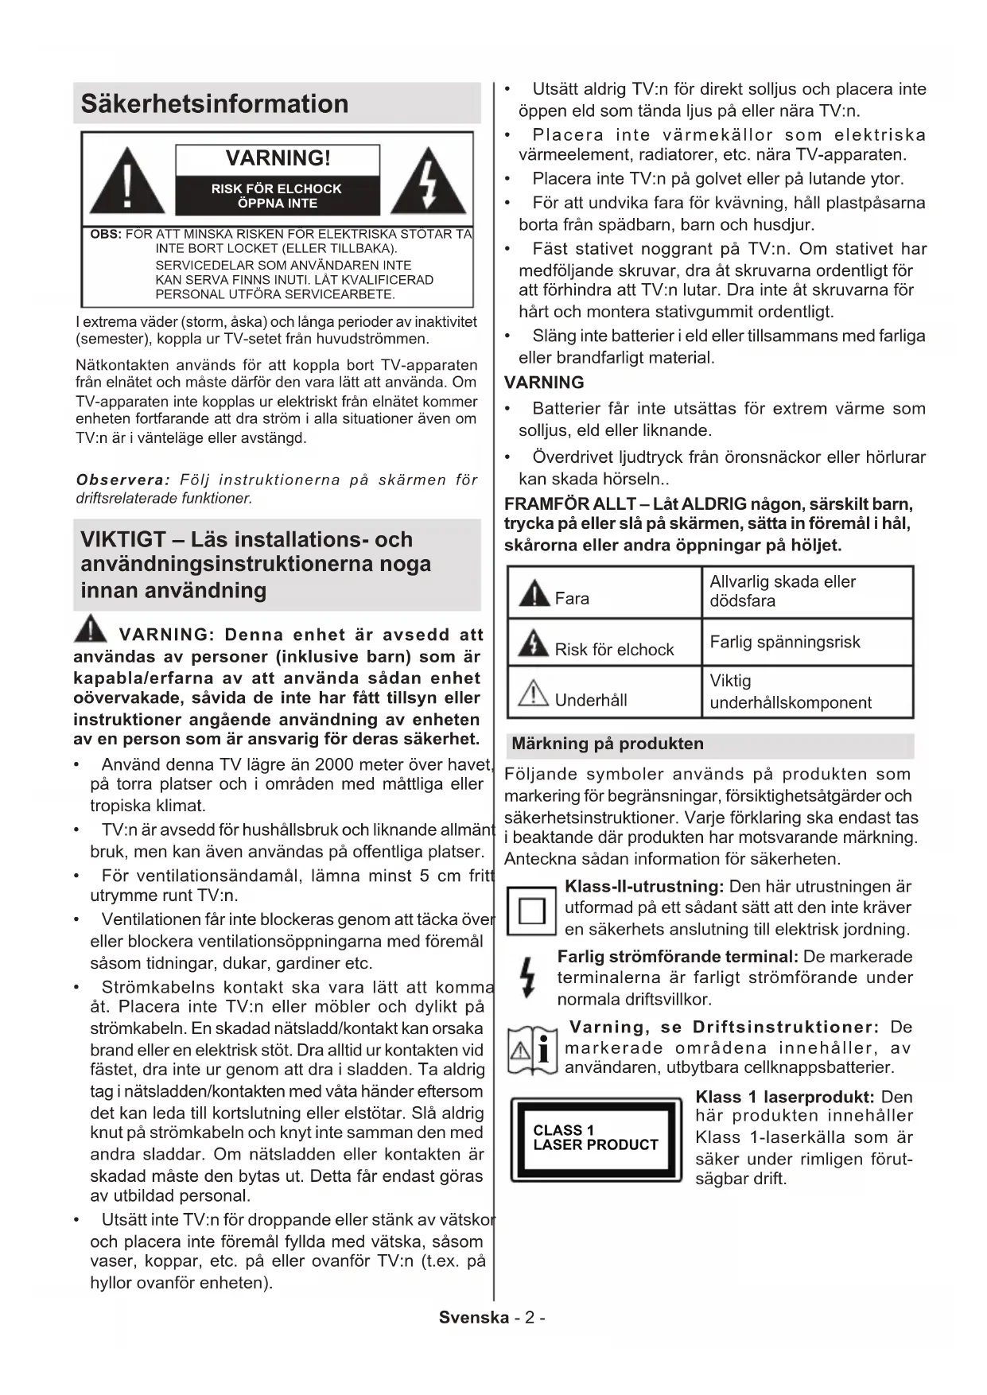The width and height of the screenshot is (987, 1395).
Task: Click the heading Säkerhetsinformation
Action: pyautogui.click(x=215, y=104)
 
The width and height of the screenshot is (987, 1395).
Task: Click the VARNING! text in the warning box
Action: pyautogui.click(x=278, y=158)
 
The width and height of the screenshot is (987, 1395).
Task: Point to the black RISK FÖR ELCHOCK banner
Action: pyautogui.click(x=277, y=196)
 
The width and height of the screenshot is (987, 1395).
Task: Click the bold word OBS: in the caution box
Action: pyautogui.click(x=106, y=235)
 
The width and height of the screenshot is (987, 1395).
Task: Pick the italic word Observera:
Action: pyautogui.click(x=123, y=480)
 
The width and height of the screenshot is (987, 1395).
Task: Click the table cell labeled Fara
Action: pyautogui.click(x=604, y=593)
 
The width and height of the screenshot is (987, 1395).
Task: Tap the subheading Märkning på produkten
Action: pyautogui.click(x=608, y=744)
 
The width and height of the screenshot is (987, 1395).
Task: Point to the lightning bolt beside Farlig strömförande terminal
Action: pyautogui.click(x=527, y=977)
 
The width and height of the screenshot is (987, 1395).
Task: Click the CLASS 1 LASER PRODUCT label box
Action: pyautogui.click(x=596, y=1138)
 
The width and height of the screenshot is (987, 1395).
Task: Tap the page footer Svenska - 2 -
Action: pyautogui.click(x=492, y=1317)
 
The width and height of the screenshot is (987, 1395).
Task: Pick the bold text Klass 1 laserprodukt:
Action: pyautogui.click(x=784, y=1097)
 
